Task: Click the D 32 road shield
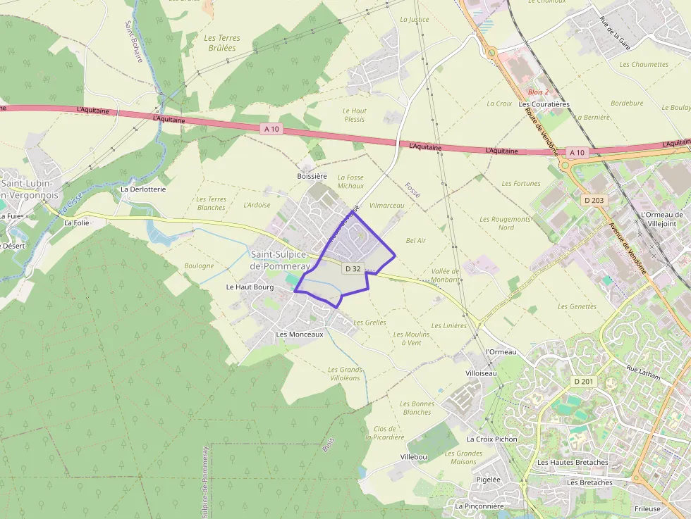[x=353, y=269]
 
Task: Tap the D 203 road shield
[x=594, y=201]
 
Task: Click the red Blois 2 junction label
[x=538, y=92]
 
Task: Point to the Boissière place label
[x=312, y=175]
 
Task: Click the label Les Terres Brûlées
[x=221, y=43]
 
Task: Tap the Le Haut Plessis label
[x=355, y=115]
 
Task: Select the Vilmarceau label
[x=387, y=205]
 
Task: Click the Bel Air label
[x=416, y=241]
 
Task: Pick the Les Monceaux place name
[x=300, y=334]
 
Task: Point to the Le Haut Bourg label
[x=250, y=287]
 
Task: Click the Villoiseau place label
[x=481, y=373]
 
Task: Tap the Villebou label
[x=414, y=457]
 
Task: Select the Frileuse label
[x=647, y=508]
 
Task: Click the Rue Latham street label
[x=644, y=371]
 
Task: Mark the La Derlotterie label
[x=143, y=189]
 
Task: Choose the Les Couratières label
[x=544, y=104]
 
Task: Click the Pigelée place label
[x=488, y=480]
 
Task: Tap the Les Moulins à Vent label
[x=411, y=339]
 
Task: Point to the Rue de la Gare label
[x=614, y=32]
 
